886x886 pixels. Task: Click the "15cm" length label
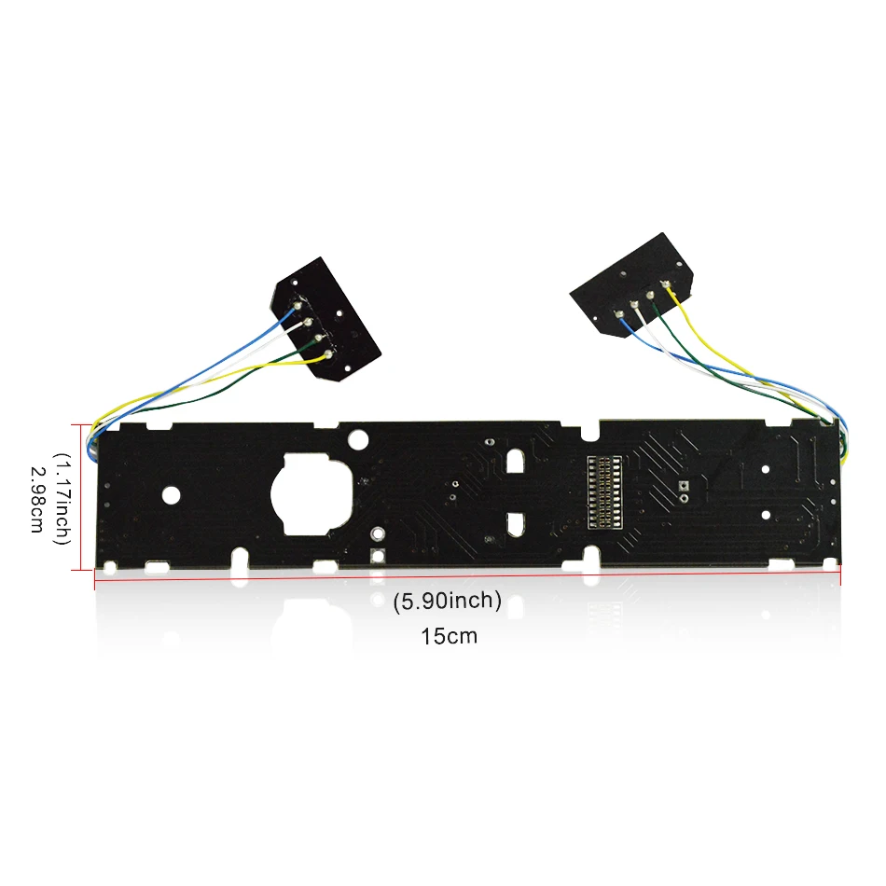pos(449,636)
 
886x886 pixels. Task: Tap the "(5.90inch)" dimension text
pos(448,600)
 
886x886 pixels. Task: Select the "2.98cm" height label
pos(36,499)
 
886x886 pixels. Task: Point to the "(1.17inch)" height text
pos(62,498)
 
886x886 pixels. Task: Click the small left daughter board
pos(325,319)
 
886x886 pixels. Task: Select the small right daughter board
pos(631,286)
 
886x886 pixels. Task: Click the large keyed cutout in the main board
pos(311,494)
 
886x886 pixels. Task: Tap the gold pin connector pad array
pos(604,492)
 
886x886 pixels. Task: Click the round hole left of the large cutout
pos(172,495)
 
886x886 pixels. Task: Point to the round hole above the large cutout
pos(358,439)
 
